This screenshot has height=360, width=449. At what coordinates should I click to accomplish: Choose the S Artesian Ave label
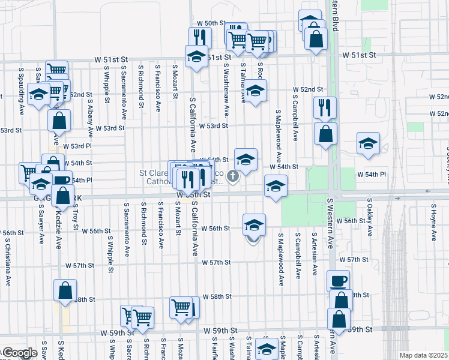(315, 255)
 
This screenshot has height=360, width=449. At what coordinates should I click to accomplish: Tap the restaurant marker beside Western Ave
(325, 107)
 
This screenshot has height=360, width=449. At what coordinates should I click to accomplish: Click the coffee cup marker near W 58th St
(338, 280)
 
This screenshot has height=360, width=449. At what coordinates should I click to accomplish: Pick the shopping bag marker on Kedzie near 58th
(65, 290)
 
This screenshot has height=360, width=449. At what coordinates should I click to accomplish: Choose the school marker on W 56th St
(254, 225)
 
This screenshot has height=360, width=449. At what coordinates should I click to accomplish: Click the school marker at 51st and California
(196, 56)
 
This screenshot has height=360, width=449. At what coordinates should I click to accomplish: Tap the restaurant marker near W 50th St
(200, 38)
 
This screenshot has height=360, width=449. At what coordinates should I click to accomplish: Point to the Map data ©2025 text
(423, 355)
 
